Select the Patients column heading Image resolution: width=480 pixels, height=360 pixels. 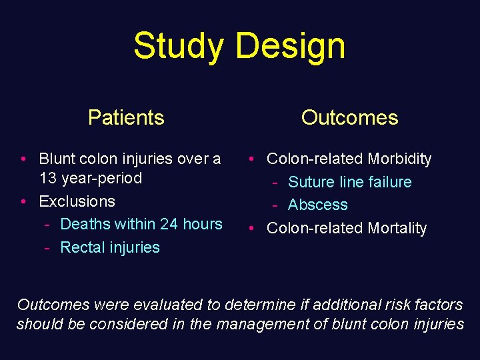coord(126,117)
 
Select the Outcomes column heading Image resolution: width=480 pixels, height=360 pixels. coord(349,117)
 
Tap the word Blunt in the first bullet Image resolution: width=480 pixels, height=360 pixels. coord(58,159)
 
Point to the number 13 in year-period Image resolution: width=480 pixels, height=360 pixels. coord(48,178)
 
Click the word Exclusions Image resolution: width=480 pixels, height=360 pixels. coord(77,201)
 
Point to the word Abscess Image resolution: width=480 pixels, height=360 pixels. coord(318,205)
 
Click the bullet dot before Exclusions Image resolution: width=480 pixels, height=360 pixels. coord(23,201)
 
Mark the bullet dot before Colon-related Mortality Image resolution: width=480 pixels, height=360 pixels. coord(251,228)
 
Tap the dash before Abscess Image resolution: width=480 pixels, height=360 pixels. coord(275,205)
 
